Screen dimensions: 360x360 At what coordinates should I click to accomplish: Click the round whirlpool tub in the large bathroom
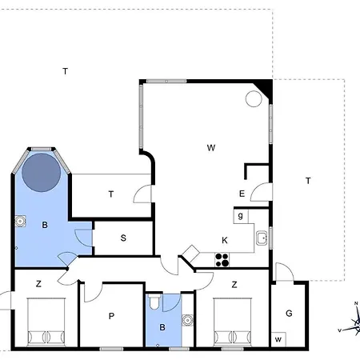pos(42,172)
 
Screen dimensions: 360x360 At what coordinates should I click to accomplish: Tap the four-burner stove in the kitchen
pos(222,260)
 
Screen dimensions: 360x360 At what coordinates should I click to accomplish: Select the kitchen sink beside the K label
pos(262,238)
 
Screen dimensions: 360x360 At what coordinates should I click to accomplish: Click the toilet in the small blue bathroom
pos(154,302)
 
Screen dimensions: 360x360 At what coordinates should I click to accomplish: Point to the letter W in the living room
pos(211,148)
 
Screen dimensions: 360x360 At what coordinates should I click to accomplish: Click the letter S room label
pos(123,238)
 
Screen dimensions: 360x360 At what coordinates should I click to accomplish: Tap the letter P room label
pos(111,316)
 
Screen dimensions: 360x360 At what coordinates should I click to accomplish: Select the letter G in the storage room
pos(289,313)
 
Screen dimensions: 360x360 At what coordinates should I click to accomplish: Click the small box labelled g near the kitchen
pos(241,216)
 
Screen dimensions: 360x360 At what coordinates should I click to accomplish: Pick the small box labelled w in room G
pos(278,339)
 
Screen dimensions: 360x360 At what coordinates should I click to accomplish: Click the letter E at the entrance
pos(242,194)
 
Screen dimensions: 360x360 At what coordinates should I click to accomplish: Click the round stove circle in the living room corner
pos(254,98)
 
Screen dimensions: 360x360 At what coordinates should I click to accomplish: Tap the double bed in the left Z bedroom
pos(46,322)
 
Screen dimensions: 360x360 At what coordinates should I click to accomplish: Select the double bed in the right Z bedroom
pos(233,322)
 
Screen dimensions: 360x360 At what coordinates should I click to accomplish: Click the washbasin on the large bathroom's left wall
pos(20,221)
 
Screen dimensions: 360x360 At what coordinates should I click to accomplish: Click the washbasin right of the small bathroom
pos(187,320)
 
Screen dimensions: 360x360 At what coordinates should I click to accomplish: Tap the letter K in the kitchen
pos(225,241)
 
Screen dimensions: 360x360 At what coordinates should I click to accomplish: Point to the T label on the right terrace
pos(308,181)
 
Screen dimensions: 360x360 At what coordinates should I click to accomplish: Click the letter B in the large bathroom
pos(45,225)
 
